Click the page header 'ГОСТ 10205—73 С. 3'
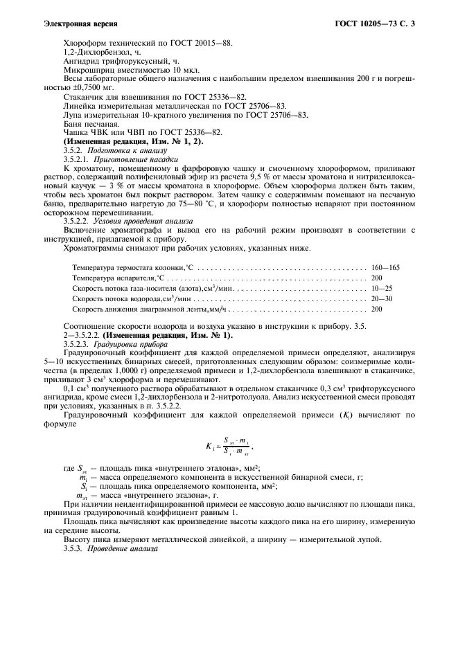(x=373, y=24)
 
